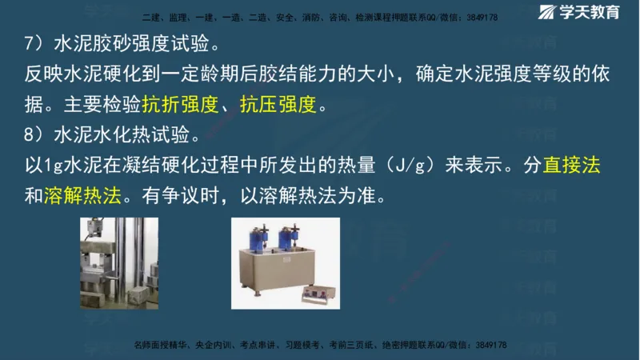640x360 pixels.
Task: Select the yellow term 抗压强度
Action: (279, 104)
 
